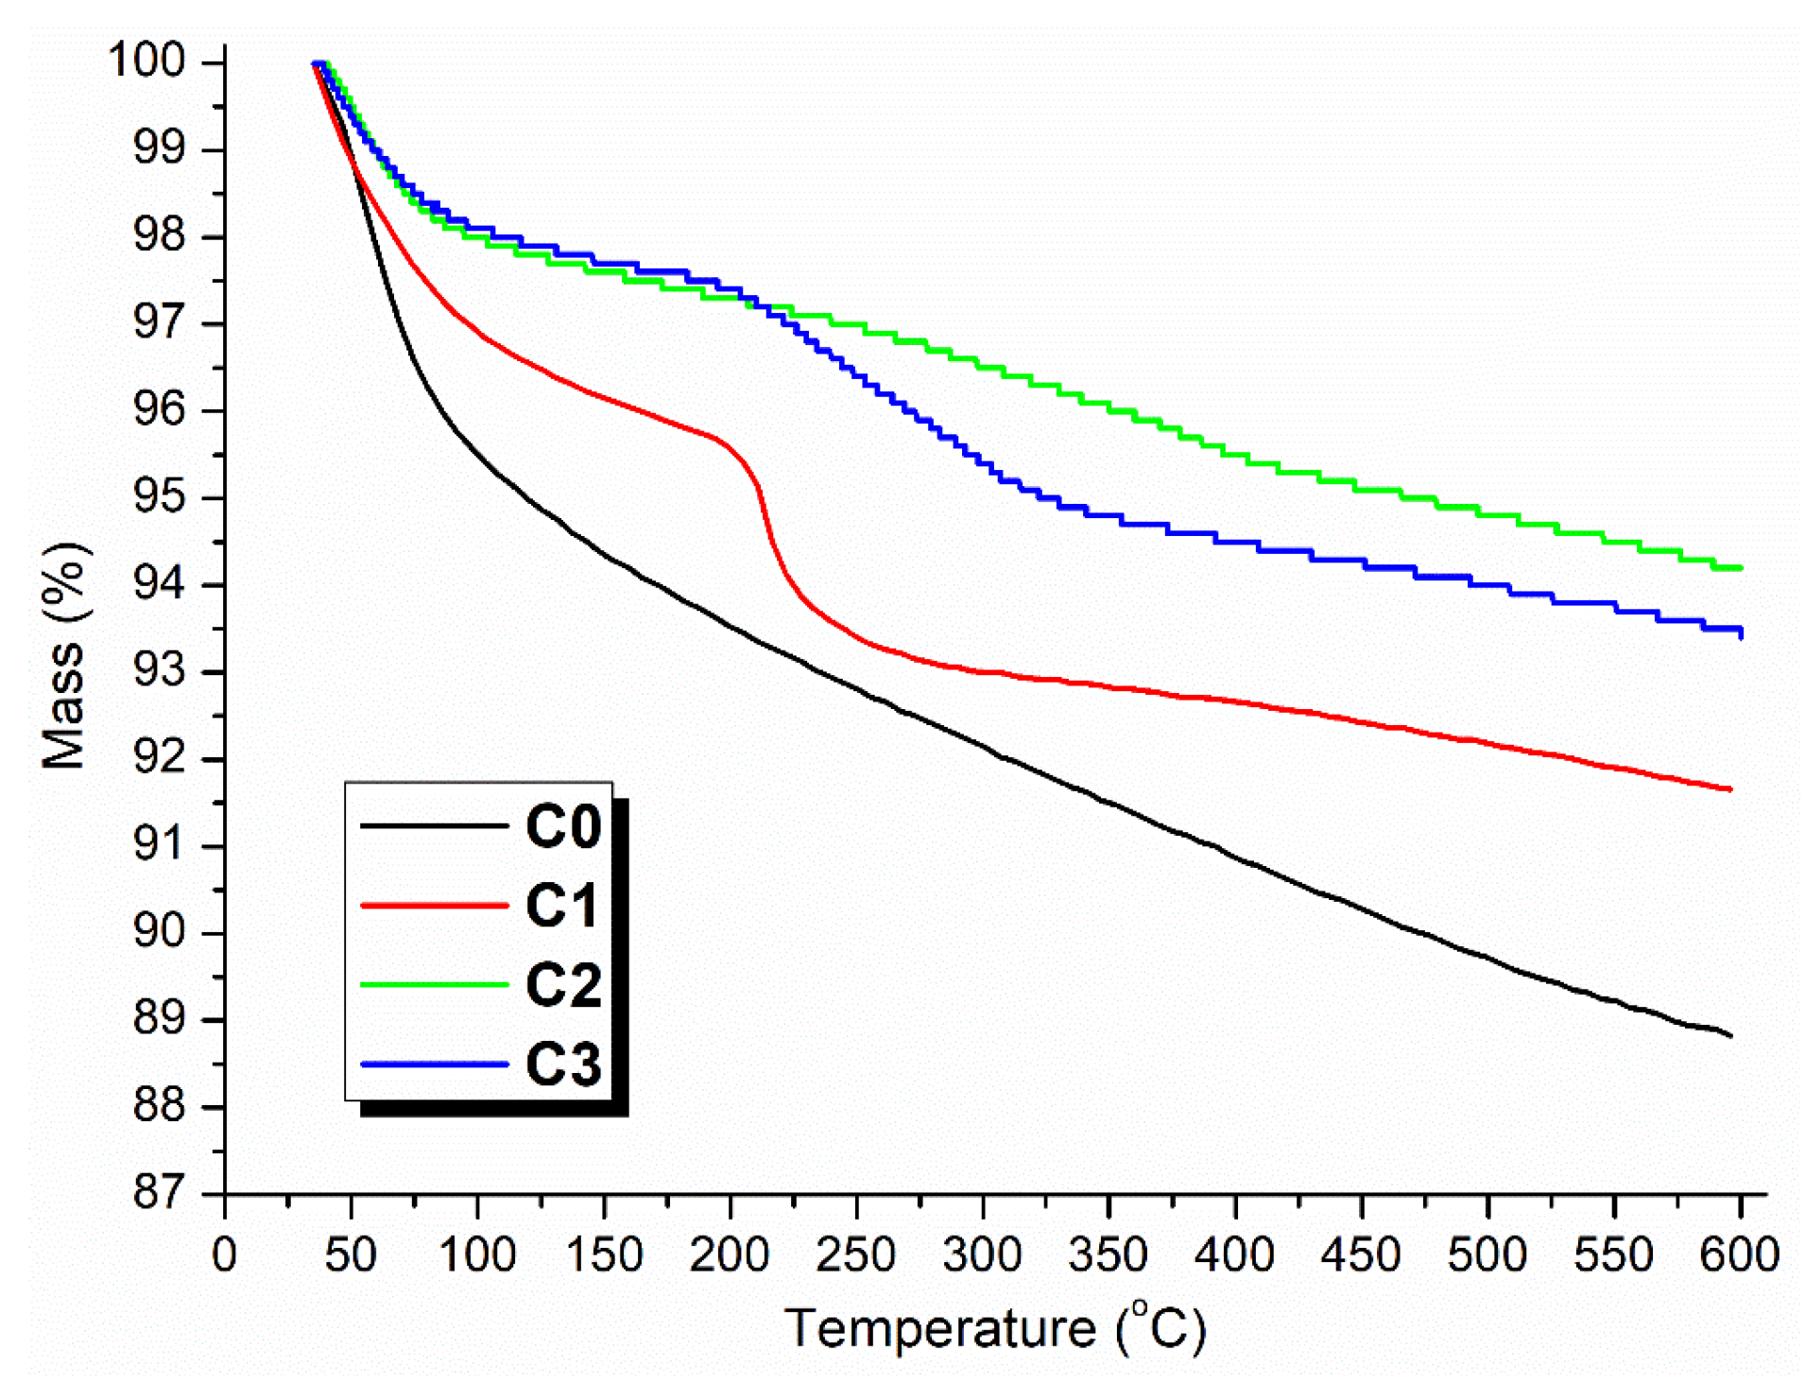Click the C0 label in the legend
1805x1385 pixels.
tap(563, 826)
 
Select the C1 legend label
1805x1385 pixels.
tap(563, 905)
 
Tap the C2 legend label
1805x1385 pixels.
tap(563, 984)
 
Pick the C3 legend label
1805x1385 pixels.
tap(563, 1064)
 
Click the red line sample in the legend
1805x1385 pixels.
tap(435, 905)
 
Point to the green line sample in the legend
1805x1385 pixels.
tap(435, 984)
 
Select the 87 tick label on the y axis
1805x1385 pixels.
tap(159, 1193)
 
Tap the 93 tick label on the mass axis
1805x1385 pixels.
tap(159, 671)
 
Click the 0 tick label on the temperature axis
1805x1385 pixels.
tap(225, 1255)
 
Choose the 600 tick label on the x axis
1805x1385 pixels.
tap(1739, 1255)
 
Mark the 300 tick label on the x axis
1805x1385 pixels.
tap(982, 1255)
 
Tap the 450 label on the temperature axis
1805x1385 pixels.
tap(1361, 1255)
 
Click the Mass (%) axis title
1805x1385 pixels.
tap(64, 655)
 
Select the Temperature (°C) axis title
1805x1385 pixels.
tap(994, 1327)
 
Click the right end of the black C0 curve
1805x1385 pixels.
tap(1730, 1036)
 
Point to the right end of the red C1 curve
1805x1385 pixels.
tap(1730, 789)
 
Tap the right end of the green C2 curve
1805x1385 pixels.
tap(1741, 568)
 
